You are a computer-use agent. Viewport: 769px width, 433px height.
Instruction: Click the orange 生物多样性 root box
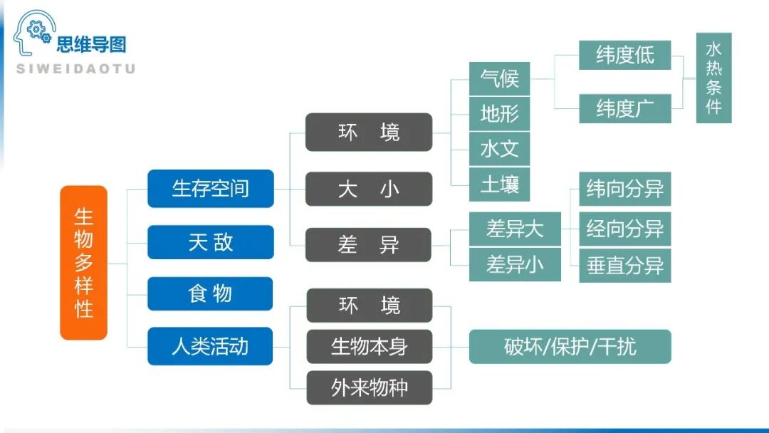(x=83, y=263)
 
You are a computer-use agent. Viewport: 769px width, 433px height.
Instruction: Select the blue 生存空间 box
(x=210, y=189)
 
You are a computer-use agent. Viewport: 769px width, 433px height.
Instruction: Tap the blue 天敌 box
(x=210, y=242)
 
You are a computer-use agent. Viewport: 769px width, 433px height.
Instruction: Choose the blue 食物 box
(x=210, y=293)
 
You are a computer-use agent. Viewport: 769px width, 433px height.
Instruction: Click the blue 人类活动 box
(x=210, y=347)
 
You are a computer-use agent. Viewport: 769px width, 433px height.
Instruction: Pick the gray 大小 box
(x=369, y=189)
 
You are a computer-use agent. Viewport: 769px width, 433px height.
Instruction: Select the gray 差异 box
(x=369, y=245)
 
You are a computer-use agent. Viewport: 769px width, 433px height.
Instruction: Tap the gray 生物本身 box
(x=369, y=347)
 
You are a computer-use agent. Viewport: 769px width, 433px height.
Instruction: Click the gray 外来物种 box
(x=369, y=387)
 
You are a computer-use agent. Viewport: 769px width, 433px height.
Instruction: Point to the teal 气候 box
(x=499, y=78)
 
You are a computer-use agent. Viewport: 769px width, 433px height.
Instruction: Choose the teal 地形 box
(x=499, y=114)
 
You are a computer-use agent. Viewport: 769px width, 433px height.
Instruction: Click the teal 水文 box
(x=499, y=150)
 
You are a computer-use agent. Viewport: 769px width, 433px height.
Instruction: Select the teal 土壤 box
(x=499, y=185)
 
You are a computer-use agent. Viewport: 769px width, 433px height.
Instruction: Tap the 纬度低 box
(x=624, y=56)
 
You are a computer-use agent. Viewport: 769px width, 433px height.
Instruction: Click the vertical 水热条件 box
(x=713, y=78)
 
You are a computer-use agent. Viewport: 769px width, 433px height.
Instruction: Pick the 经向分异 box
(x=624, y=229)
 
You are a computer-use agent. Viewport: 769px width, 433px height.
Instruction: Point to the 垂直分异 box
(x=624, y=266)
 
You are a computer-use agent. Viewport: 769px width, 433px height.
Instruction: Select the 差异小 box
(x=515, y=265)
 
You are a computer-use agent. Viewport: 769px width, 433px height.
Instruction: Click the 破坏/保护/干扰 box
(x=570, y=347)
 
